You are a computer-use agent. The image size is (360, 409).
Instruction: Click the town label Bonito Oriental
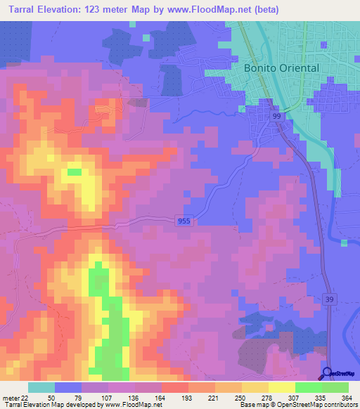pos(281,68)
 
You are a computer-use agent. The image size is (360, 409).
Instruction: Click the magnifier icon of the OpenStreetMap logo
pos(327,375)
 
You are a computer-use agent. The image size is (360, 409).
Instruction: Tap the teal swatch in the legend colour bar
pos(41,387)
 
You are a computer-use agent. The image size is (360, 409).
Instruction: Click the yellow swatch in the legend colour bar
pos(281,387)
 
